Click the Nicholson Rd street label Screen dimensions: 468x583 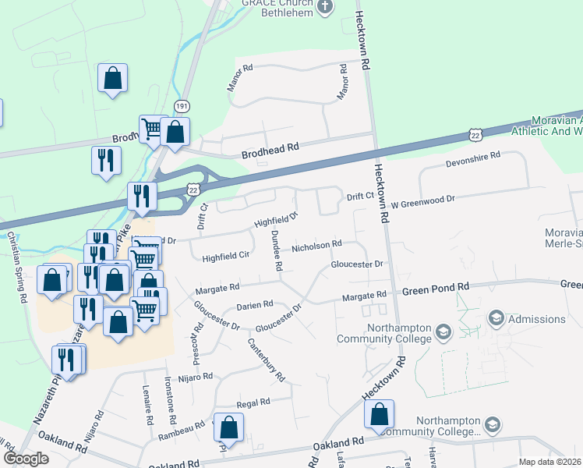[x=316, y=246]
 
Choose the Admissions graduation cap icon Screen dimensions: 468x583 [x=496, y=318]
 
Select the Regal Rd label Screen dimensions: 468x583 [x=253, y=402]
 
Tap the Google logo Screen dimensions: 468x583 [x=26, y=459]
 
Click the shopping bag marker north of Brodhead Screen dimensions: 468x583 [x=113, y=78]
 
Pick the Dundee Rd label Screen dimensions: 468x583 [x=276, y=250]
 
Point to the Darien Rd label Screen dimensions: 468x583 [x=255, y=305]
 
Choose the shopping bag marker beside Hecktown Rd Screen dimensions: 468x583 [x=379, y=415]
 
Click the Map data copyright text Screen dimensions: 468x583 [x=549, y=462]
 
